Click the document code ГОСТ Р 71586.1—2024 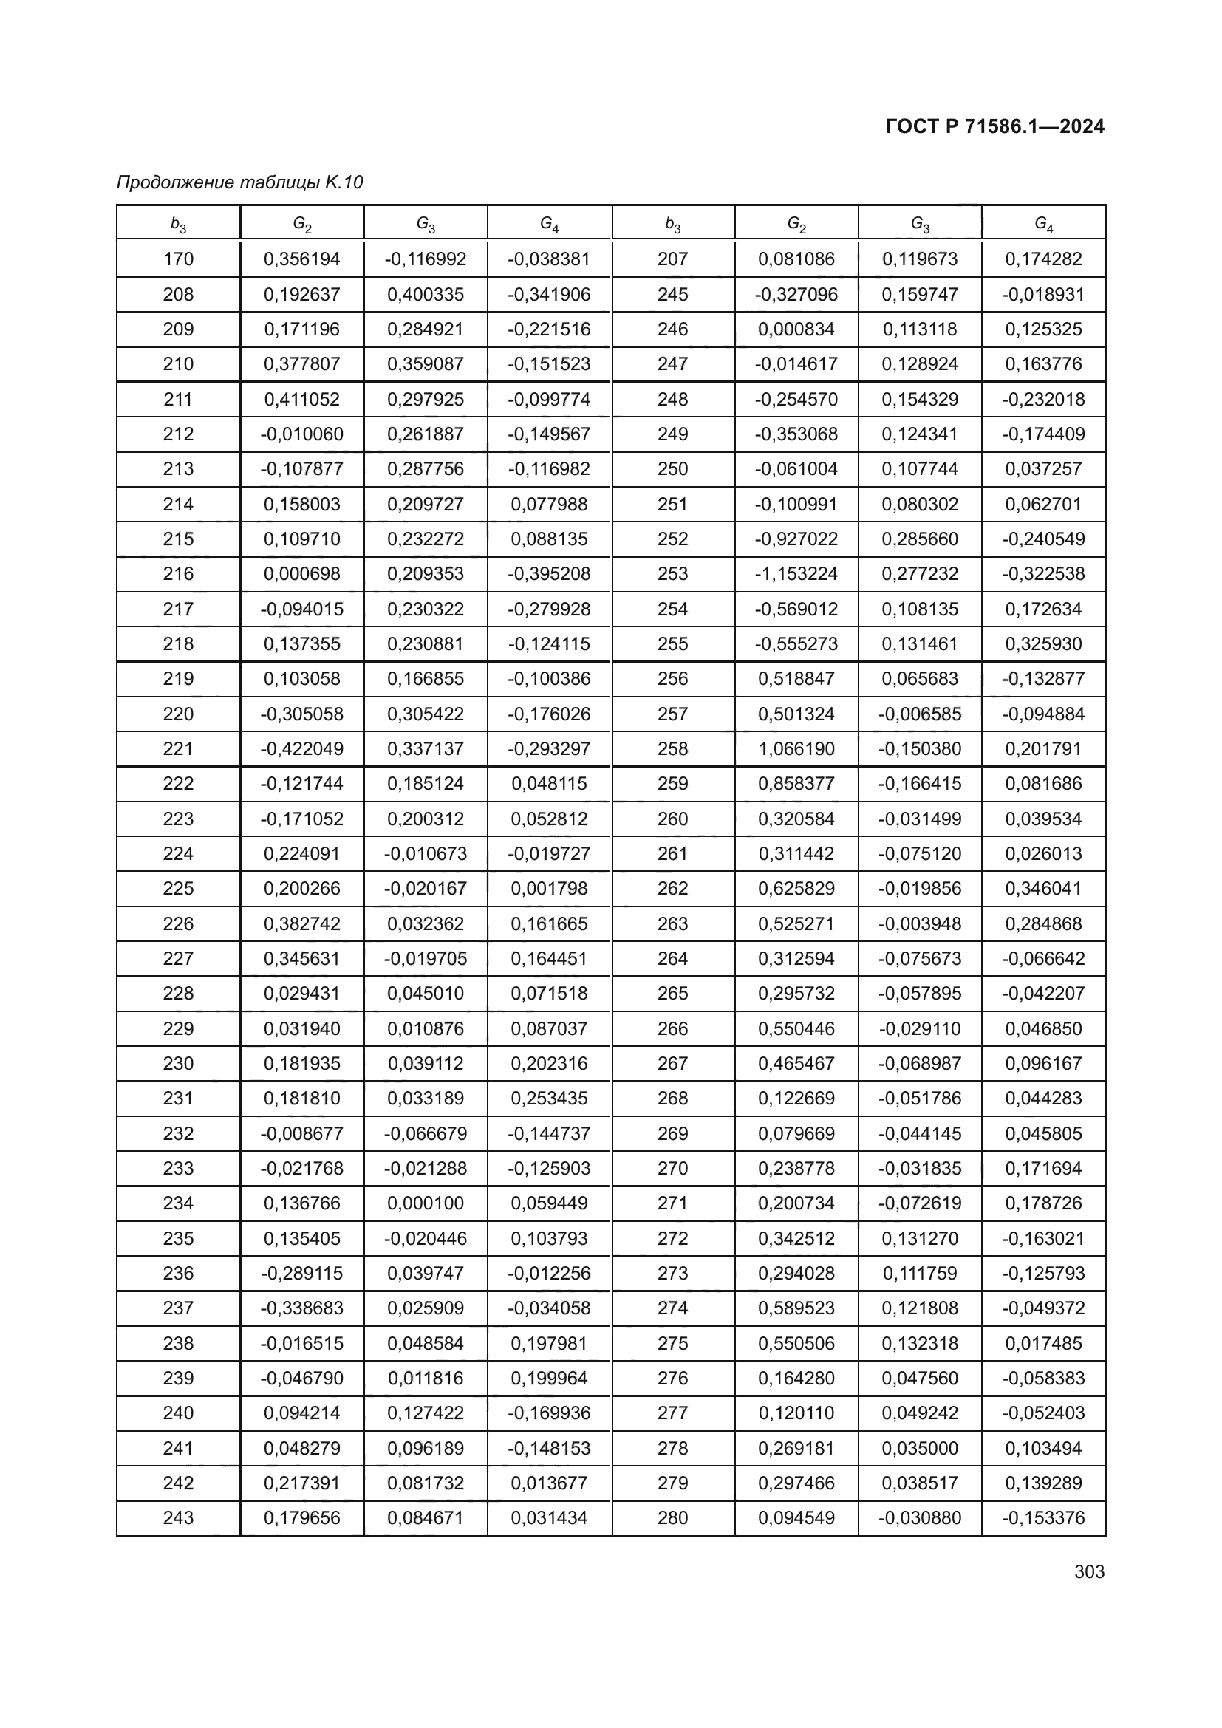click(x=994, y=126)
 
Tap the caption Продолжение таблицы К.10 click(x=240, y=182)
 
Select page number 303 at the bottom click(x=1089, y=1571)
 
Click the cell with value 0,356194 click(x=301, y=259)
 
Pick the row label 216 click(x=178, y=573)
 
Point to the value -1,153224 click(x=796, y=573)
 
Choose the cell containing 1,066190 click(x=796, y=749)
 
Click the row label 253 click(x=673, y=573)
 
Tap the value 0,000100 click(x=425, y=1203)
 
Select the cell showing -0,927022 click(x=796, y=539)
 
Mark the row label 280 click(x=673, y=1517)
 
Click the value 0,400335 click(x=425, y=294)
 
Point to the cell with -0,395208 click(x=548, y=573)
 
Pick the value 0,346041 click(x=1043, y=888)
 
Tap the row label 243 click(x=178, y=1517)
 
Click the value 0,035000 click(x=920, y=1448)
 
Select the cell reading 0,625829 click(x=796, y=888)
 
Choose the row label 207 click(x=673, y=259)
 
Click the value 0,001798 click(x=548, y=888)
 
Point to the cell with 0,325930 click(x=1043, y=643)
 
